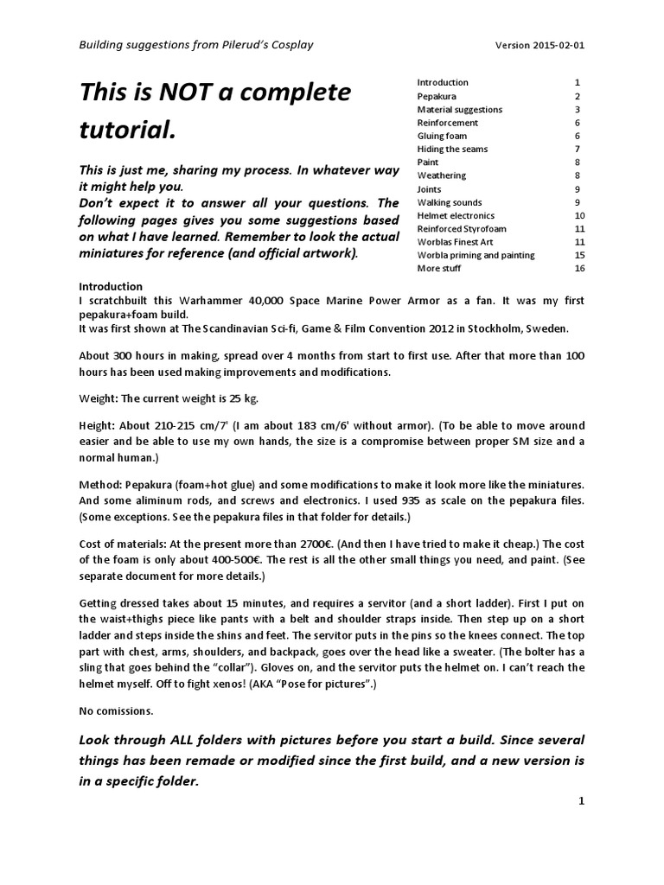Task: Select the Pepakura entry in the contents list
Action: pos(437,96)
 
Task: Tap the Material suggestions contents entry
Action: pos(459,110)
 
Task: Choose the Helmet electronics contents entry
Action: pos(456,215)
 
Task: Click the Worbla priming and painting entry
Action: pos(476,255)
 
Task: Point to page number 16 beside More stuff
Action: pos(579,268)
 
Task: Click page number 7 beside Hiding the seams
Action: pos(577,149)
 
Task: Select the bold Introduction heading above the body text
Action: pos(111,287)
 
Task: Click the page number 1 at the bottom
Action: pos(582,801)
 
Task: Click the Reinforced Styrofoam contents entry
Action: pos(462,229)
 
